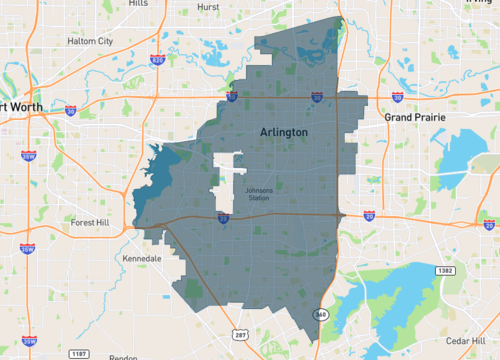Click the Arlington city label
point(283,132)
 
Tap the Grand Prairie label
point(415,117)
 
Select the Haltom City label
point(90,41)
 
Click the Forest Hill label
point(94,223)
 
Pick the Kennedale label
point(142,258)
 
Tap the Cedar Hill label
point(468,341)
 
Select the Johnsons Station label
point(258,194)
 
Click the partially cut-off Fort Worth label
point(18,107)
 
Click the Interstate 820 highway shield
point(157,60)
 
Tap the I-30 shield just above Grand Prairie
point(398,97)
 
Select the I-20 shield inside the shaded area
point(223,216)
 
